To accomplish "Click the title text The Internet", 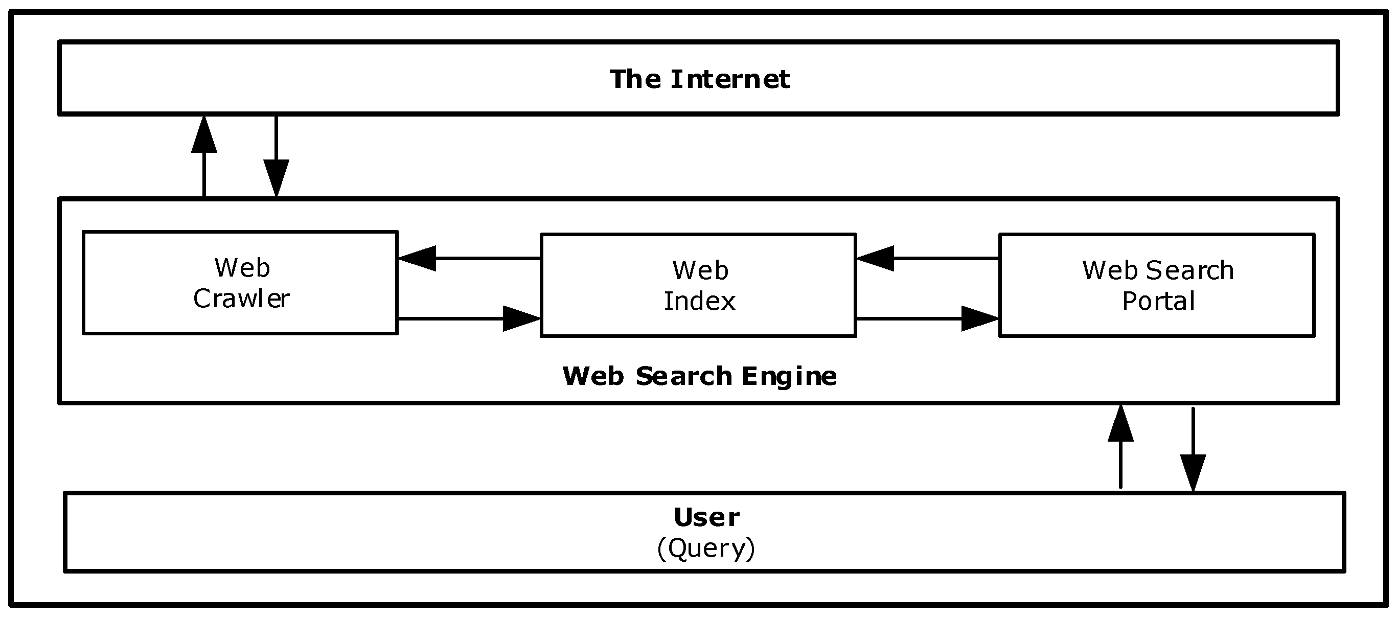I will (699, 79).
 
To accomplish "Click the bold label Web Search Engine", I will (699, 376).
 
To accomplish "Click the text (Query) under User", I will (705, 548).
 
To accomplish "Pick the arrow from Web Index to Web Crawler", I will (469, 259).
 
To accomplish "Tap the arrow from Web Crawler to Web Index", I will (469, 318).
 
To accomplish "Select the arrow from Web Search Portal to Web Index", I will (927, 259).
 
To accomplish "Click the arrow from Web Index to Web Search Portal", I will (927, 318).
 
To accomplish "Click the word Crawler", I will (241, 299).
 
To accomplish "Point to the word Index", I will (700, 302).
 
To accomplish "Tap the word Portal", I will (1158, 302).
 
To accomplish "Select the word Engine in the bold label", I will (789, 376).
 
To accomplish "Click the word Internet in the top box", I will (730, 79).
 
